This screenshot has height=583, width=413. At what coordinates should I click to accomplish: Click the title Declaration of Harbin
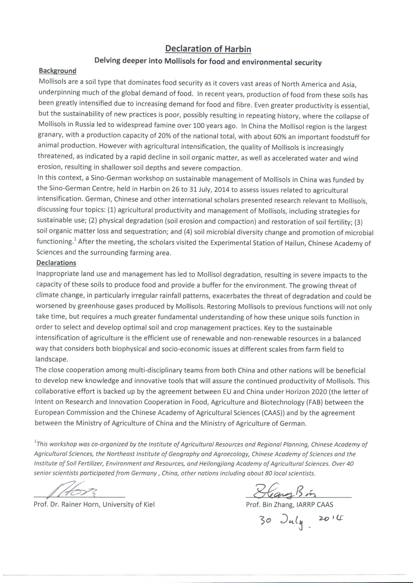click(208, 49)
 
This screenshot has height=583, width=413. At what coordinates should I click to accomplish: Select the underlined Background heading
click(57, 71)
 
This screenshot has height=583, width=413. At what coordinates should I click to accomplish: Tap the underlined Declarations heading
click(56, 263)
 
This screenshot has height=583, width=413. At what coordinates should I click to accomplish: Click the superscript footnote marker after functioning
click(75, 240)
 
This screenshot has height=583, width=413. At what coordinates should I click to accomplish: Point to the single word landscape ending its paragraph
click(51, 359)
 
